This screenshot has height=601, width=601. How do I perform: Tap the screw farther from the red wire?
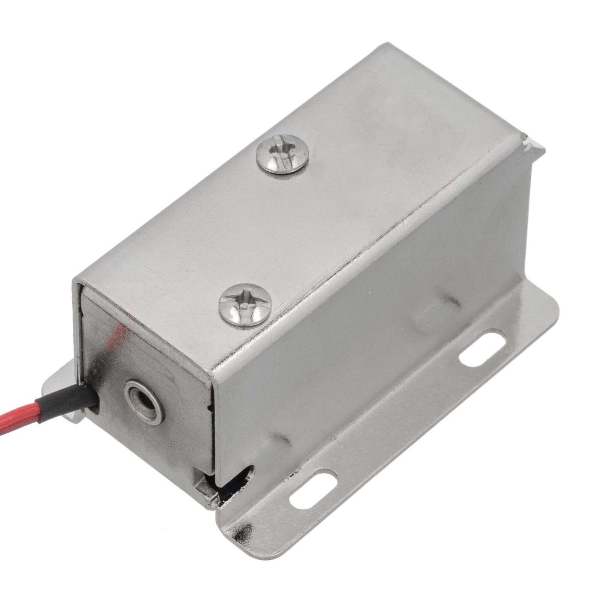[x=282, y=154]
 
